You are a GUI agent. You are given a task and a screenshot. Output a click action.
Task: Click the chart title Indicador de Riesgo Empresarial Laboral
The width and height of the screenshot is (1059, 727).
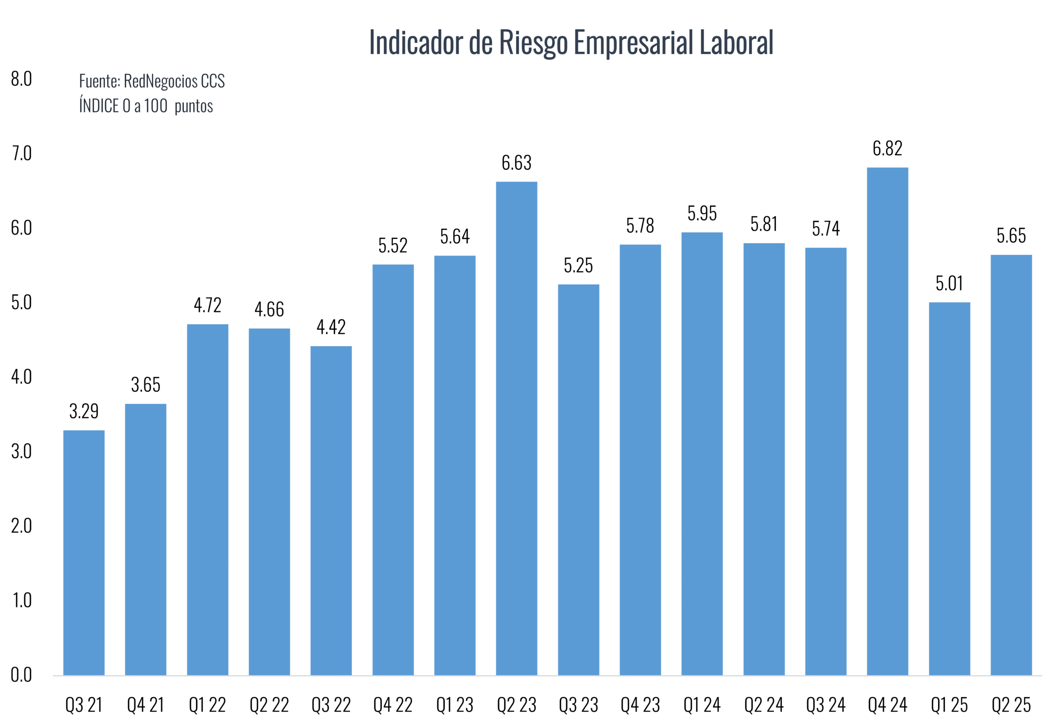coord(571,42)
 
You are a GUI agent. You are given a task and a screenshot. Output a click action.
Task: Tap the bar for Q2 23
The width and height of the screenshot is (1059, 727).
coord(516,428)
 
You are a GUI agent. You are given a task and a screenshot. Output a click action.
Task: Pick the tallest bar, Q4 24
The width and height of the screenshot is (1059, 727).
coord(887,421)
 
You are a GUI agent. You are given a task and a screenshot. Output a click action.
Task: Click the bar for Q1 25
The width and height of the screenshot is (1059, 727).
coord(949,488)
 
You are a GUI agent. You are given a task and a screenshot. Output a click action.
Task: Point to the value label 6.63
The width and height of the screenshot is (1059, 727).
coord(516,163)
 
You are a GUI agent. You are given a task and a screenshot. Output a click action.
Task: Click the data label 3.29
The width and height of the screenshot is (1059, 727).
coord(84,411)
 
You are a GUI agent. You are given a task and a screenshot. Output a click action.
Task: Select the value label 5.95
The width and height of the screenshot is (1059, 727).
coord(702,213)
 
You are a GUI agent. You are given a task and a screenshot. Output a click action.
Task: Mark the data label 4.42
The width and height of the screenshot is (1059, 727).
coord(331,327)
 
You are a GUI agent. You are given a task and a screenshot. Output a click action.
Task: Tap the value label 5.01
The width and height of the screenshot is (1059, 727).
coord(949,283)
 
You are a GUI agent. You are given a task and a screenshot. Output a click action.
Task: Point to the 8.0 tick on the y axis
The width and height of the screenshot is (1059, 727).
coord(22,79)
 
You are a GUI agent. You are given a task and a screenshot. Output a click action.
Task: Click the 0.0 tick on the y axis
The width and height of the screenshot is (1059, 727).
coord(22,674)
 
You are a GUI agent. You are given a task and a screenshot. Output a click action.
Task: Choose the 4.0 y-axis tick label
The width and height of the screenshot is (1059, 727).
coord(22,377)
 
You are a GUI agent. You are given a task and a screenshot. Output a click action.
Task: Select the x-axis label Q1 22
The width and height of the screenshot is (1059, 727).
coord(207,705)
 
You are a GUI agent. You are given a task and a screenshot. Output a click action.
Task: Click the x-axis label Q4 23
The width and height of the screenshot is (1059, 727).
coord(640,705)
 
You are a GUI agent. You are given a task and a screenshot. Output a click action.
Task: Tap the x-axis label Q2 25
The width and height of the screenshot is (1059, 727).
coord(1011,705)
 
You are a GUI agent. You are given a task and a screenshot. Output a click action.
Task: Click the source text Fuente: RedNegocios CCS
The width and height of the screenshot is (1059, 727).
coord(152,81)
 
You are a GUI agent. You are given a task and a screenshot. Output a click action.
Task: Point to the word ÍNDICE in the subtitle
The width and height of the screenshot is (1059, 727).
coord(99,106)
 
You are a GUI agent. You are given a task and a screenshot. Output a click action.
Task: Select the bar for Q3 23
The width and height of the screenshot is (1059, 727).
coord(578,479)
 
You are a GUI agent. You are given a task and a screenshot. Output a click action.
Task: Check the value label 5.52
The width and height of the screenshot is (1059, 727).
coord(393,246)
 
